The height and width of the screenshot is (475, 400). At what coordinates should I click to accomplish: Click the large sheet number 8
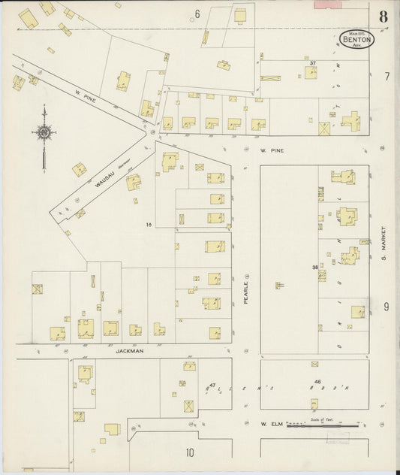click(383, 16)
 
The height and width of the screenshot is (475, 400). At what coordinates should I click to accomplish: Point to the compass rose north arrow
click(44, 134)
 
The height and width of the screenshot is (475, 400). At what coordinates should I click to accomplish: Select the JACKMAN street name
click(129, 351)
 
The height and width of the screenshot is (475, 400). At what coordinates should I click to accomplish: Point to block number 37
click(311, 63)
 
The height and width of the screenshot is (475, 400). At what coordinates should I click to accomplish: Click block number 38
click(314, 267)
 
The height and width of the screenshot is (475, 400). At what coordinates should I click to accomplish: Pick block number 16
click(149, 224)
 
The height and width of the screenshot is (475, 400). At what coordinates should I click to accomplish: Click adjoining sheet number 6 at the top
click(197, 14)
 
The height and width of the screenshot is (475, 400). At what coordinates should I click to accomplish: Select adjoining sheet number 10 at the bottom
click(190, 452)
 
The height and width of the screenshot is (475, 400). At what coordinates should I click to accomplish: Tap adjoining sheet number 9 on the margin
click(386, 306)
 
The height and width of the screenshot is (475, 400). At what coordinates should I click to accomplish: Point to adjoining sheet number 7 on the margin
click(386, 77)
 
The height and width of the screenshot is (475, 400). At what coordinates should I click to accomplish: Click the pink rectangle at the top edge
click(326, 4)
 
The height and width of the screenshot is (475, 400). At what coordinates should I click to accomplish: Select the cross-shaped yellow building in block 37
click(351, 120)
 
